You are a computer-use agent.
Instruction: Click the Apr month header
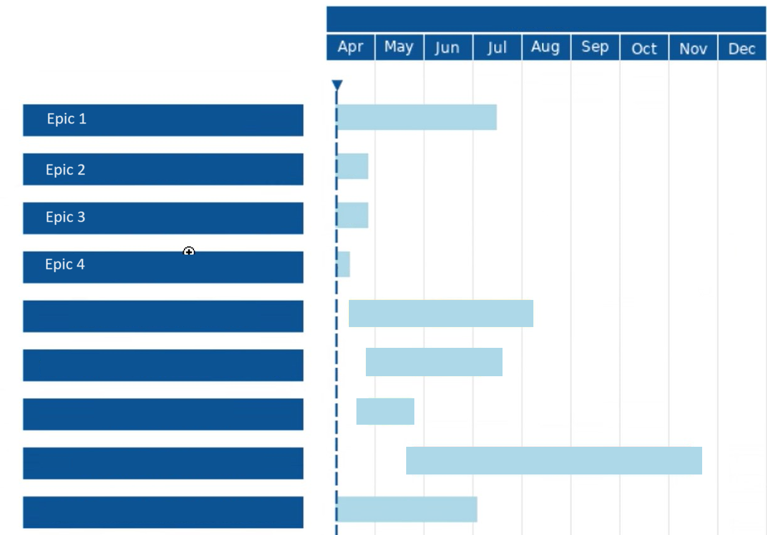pos(350,47)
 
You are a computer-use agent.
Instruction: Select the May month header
pos(399,47)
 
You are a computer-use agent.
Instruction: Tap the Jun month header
pos(447,48)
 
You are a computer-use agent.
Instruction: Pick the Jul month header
pos(497,48)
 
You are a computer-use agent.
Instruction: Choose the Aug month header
pos(545,47)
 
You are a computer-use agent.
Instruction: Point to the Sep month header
pos(595,47)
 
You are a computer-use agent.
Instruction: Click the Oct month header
pos(644,49)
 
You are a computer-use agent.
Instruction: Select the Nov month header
pos(693,49)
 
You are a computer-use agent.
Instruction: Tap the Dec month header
pos(742,49)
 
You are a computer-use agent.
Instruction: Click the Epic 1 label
pos(67,119)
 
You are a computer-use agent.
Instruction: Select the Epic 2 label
pos(65,170)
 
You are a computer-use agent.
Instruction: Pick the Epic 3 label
pos(65,217)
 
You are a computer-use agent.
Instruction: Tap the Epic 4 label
pos(65,265)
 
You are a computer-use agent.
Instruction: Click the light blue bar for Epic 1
pos(417,117)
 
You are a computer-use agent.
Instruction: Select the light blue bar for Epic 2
pos(353,166)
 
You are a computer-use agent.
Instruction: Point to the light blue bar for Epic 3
pos(353,216)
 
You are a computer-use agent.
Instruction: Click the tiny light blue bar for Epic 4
pos(343,264)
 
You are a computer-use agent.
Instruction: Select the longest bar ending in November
pos(554,461)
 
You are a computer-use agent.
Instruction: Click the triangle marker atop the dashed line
pos(337,85)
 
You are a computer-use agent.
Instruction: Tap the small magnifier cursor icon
pos(189,252)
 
